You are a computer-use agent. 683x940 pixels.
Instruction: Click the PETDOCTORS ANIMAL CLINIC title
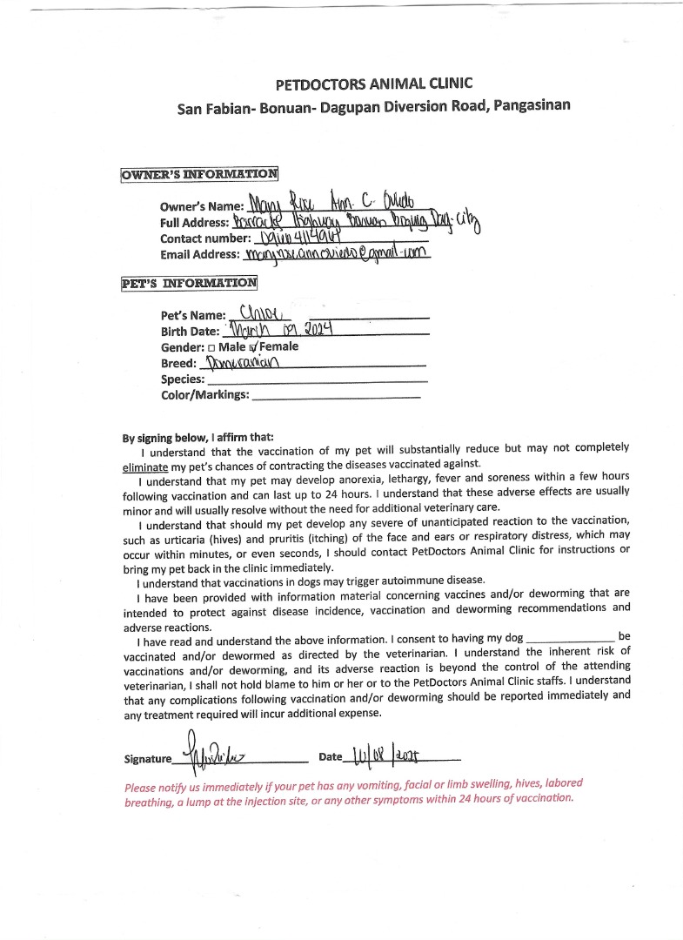(373, 84)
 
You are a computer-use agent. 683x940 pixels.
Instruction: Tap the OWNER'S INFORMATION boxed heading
(199, 173)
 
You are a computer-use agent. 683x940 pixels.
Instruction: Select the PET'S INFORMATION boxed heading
(190, 283)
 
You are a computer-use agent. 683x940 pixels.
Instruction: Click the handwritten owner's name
(345, 204)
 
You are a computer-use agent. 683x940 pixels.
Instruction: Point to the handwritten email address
(338, 254)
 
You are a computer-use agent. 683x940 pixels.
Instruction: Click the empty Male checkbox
(211, 347)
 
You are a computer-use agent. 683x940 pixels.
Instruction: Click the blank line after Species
(317, 380)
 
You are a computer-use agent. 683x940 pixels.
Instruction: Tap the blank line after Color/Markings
(335, 396)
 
